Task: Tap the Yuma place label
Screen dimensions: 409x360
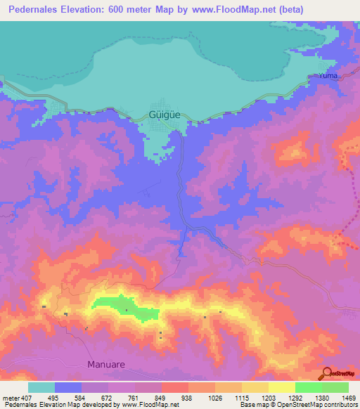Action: tap(328, 75)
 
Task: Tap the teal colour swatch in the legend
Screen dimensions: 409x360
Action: tap(41, 387)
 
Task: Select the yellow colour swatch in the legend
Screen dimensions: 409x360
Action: tap(281, 387)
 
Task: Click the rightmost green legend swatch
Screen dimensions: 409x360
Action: tap(335, 387)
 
